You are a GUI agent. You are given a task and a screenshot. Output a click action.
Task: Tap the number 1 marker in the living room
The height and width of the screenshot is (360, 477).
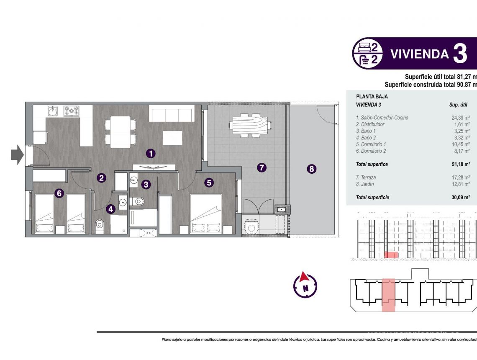tap(151, 154)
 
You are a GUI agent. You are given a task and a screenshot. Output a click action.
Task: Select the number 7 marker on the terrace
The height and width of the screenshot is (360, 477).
tap(261, 168)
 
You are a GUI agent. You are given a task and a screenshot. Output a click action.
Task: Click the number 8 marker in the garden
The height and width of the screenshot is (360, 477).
tap(311, 169)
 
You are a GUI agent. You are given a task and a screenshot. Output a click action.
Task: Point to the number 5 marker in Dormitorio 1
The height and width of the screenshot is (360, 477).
tap(209, 183)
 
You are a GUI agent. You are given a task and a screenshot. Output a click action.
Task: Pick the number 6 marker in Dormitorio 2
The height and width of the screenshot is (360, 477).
tap(59, 193)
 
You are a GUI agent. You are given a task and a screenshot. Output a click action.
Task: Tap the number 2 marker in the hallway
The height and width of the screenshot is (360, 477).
tap(101, 178)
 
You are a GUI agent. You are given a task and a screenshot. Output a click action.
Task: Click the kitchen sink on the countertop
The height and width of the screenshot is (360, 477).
tap(53, 111)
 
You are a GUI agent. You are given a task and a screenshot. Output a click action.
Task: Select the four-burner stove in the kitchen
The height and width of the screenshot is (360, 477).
tap(71, 111)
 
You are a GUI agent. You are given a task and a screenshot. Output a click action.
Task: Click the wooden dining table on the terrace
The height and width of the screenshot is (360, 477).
tap(250, 125)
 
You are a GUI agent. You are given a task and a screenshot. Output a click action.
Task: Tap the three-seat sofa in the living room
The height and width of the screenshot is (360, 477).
tap(172, 114)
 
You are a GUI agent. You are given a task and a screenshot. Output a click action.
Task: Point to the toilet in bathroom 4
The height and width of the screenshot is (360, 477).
tap(100, 225)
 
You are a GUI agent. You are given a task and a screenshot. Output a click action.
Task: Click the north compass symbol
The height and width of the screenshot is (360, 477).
tap(305, 285)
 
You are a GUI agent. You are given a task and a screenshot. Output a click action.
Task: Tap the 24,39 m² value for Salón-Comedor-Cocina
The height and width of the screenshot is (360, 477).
tap(458, 118)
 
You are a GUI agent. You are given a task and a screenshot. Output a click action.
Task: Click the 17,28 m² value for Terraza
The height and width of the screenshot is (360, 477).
tap(458, 177)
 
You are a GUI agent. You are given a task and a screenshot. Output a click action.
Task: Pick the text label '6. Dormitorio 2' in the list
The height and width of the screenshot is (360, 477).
tap(371, 151)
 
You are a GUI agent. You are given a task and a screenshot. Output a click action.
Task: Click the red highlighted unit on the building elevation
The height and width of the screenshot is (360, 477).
tap(391, 255)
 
